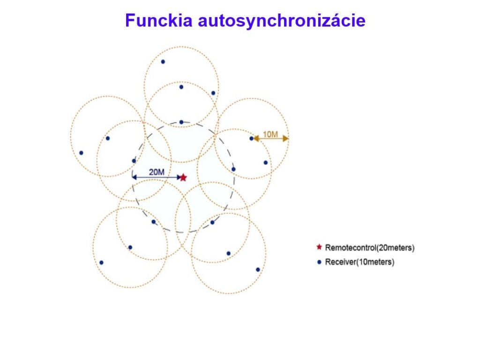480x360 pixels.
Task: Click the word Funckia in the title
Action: tap(158, 21)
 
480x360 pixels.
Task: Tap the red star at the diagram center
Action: tap(183, 178)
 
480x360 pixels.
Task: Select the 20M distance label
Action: tap(157, 172)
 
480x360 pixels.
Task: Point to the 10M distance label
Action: tap(270, 135)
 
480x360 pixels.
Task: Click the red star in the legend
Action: tap(319, 247)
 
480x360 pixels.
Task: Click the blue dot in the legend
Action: tap(319, 262)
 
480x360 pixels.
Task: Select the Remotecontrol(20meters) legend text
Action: tap(370, 247)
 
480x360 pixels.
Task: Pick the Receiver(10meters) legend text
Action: tap(360, 262)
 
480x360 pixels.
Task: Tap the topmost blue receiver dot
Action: tap(163, 62)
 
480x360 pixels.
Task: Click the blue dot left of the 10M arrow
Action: tap(251, 138)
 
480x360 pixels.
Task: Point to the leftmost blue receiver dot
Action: tap(81, 153)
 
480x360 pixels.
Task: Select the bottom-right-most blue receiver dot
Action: tap(258, 270)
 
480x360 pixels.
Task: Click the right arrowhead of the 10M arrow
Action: tap(285, 138)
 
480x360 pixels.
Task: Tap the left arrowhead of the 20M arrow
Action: tap(134, 177)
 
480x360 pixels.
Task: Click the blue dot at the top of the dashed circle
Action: tap(181, 122)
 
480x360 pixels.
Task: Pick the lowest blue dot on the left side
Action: tap(101, 262)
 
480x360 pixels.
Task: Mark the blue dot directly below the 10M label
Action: tap(265, 163)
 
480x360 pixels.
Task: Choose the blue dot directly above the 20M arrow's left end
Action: tap(134, 161)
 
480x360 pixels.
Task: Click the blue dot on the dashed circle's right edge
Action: tap(233, 169)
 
